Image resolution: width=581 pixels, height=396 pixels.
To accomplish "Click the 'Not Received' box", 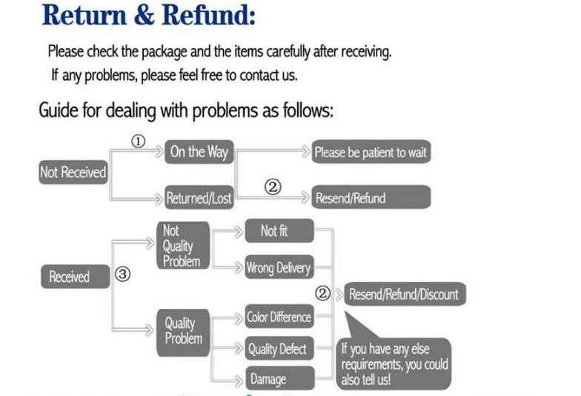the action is click(73, 173).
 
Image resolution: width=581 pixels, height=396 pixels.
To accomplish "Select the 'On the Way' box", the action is click(198, 152).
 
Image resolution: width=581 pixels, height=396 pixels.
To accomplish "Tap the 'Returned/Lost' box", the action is click(198, 198).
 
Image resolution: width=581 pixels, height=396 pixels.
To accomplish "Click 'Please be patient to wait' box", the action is click(371, 153).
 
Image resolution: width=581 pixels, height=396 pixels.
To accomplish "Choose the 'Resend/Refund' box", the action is click(371, 198).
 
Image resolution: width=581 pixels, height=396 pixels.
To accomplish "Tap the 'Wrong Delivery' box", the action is click(278, 268).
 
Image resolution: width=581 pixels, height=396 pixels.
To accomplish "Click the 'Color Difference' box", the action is click(279, 317).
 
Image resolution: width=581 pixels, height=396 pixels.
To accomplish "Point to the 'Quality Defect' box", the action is click(278, 349).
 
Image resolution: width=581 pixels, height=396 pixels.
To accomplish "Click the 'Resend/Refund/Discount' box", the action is click(402, 294).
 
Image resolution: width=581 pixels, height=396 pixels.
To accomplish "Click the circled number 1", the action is click(139, 142).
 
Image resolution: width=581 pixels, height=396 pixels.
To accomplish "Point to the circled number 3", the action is click(123, 274).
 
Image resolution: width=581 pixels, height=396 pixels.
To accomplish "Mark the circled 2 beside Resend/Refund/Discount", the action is click(322, 293).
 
